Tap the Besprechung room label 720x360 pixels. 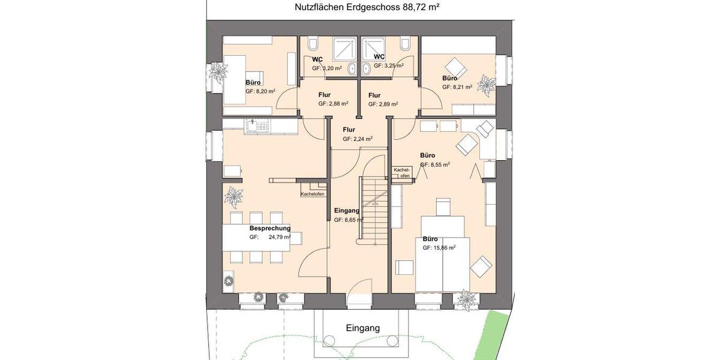(270, 229)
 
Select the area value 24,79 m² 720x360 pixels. (280, 238)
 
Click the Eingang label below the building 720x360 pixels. (363, 328)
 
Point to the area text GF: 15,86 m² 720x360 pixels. (439, 247)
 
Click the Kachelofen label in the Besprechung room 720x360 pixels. (313, 194)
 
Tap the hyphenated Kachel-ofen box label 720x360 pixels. (401, 173)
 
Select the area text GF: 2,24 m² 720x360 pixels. (358, 139)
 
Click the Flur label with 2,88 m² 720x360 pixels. (324, 95)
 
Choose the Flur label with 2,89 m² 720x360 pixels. (374, 95)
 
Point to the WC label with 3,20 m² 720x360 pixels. (317, 59)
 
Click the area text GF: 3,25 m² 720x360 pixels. (388, 66)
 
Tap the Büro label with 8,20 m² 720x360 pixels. (253, 83)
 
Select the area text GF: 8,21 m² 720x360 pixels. (457, 87)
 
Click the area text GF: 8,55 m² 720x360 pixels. (435, 164)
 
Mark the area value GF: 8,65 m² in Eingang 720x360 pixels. (349, 220)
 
